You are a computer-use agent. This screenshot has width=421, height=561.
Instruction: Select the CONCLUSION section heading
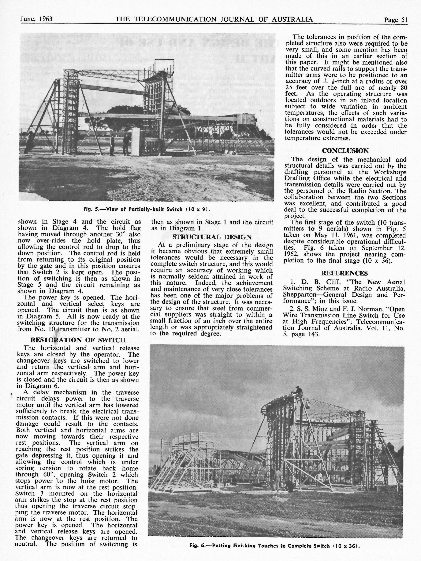[345, 151]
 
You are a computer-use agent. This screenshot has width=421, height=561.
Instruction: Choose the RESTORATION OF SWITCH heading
[78, 340]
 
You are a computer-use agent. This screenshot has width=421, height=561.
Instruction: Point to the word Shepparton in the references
[298, 295]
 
